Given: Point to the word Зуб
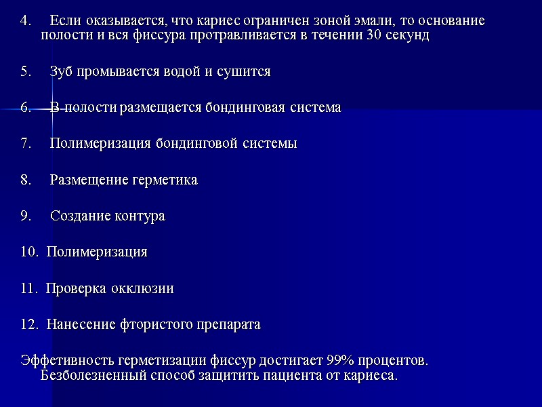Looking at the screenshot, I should click(x=62, y=71).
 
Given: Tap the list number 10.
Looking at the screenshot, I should click(x=29, y=252).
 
